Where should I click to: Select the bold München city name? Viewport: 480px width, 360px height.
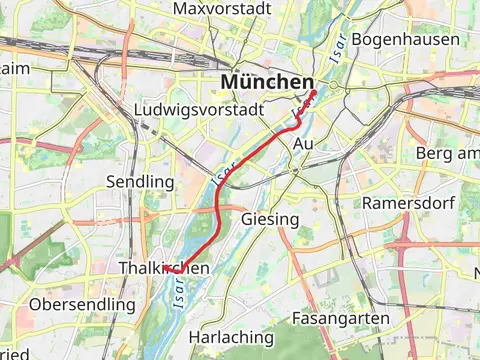(x=267, y=80)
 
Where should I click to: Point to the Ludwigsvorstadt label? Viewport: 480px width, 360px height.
(x=198, y=109)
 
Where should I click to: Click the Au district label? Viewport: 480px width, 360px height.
(x=304, y=145)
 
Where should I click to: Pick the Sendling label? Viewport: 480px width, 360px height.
(x=140, y=182)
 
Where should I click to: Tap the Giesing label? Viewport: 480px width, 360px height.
(x=270, y=218)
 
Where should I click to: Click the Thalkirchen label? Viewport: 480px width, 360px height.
(x=163, y=269)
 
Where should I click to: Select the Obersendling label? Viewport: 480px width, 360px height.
(x=82, y=303)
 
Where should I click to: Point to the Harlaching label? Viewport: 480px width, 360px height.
(x=232, y=337)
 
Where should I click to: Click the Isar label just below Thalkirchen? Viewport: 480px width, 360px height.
(x=180, y=293)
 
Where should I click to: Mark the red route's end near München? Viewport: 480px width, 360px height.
(x=315, y=92)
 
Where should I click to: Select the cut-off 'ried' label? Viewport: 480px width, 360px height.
(x=14, y=353)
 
